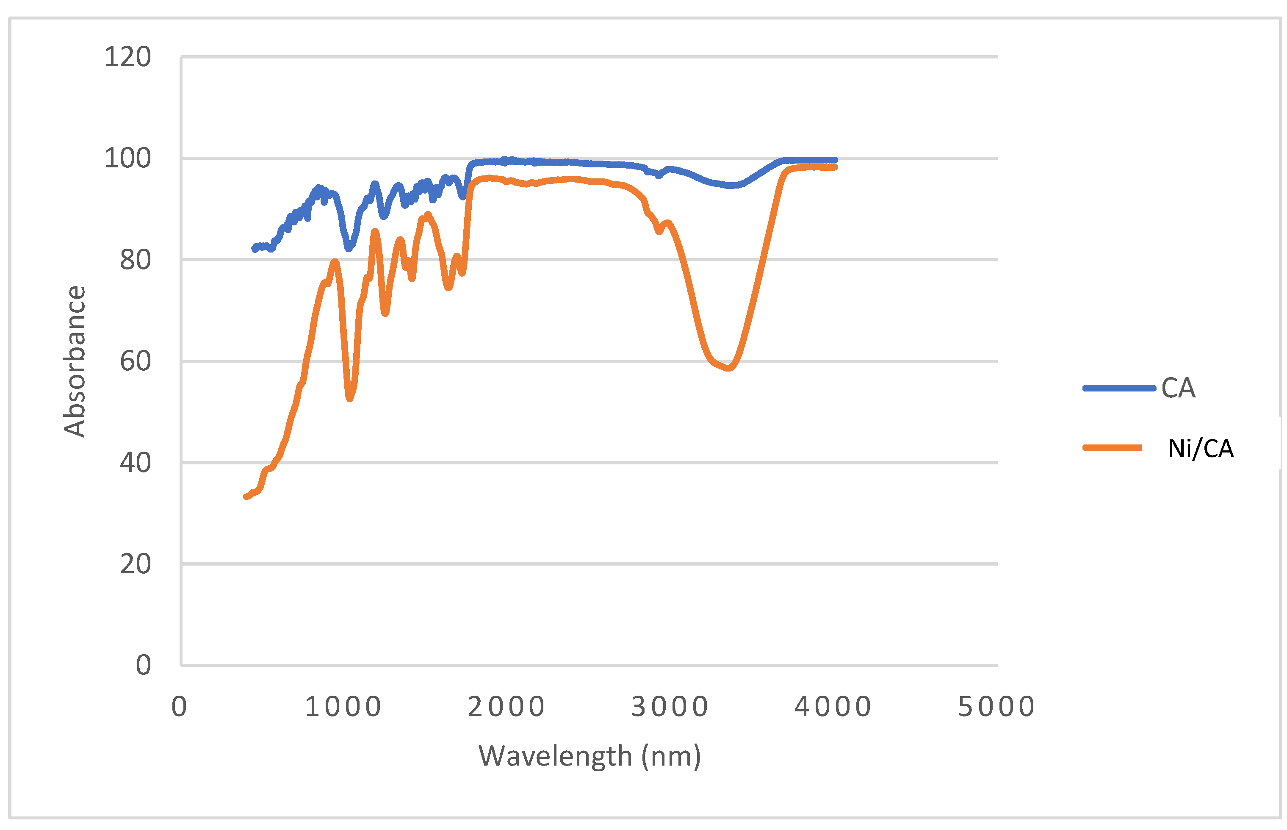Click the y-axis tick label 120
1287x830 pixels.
pyautogui.click(x=127, y=57)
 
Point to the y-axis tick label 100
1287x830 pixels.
pyautogui.click(x=127, y=158)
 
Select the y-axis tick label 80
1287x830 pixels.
pyautogui.click(x=135, y=260)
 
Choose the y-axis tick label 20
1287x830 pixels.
pyautogui.click(x=135, y=564)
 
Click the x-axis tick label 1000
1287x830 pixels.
pyautogui.click(x=343, y=707)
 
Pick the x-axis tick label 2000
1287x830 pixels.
pyautogui.click(x=506, y=707)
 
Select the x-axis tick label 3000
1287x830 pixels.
pyautogui.click(x=670, y=707)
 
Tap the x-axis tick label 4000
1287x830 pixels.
pyautogui.click(x=833, y=707)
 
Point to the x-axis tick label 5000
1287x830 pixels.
pyautogui.click(x=996, y=707)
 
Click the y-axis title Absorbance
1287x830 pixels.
pyautogui.click(x=75, y=361)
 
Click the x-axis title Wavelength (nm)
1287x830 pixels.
pyautogui.click(x=590, y=756)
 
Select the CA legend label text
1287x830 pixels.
pyautogui.click(x=1178, y=388)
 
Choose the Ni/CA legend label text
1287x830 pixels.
pyautogui.click(x=1200, y=448)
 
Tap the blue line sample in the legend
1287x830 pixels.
pyautogui.click(x=1118, y=388)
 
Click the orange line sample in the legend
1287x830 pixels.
pyautogui.click(x=1112, y=448)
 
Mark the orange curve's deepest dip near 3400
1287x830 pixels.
pyautogui.click(x=728, y=368)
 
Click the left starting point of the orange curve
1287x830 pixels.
pyautogui.click(x=246, y=497)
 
